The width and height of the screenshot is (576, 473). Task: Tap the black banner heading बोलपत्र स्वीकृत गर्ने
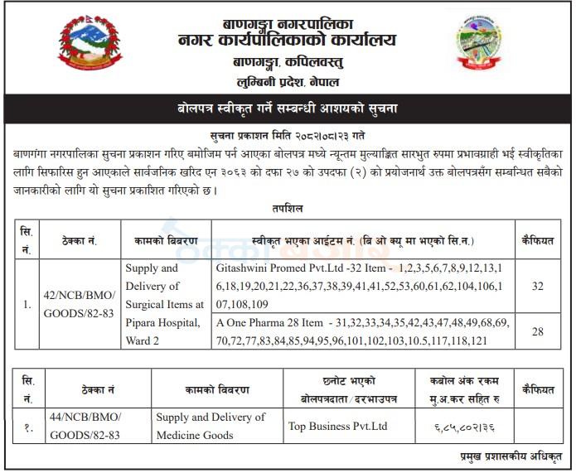[x=288, y=109]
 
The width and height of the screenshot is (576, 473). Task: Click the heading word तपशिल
[x=287, y=209]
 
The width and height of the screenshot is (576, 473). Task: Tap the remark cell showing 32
[x=537, y=287]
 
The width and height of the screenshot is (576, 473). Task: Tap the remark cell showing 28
[x=537, y=331]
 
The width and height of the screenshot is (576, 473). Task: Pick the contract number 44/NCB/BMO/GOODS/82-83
[x=85, y=426]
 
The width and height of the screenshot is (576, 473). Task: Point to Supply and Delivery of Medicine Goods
[x=211, y=426]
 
